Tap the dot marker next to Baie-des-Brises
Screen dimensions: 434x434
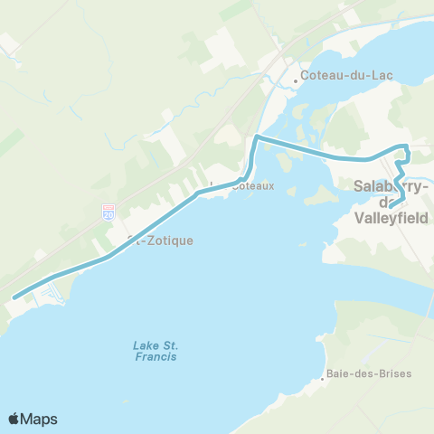322,379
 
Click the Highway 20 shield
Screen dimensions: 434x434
108,214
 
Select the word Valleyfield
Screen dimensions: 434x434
392,218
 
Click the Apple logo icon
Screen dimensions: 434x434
15,419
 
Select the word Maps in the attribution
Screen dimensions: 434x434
41,419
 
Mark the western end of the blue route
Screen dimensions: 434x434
14,297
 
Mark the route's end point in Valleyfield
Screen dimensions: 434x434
392,203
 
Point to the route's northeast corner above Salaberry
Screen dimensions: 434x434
407,146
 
